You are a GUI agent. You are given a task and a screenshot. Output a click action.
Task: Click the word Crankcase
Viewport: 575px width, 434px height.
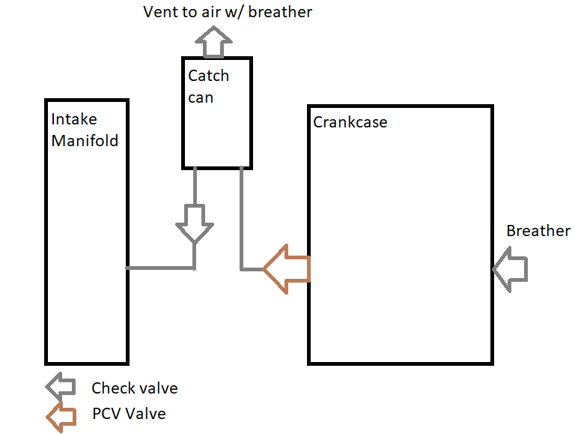point(350,121)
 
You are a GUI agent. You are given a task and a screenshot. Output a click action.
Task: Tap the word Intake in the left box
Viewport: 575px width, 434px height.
point(74,120)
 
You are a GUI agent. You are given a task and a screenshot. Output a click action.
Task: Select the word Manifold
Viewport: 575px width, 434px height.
point(85,140)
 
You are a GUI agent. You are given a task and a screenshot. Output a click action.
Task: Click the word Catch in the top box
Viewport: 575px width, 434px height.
point(208,76)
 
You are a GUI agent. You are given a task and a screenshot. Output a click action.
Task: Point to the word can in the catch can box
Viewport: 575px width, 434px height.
point(201,97)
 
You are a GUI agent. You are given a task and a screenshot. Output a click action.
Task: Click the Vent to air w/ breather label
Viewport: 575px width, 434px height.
point(228,12)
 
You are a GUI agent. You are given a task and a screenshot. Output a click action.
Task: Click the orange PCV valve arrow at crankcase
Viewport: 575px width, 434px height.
point(286,268)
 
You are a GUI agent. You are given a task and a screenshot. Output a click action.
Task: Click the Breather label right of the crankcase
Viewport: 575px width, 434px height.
point(538,231)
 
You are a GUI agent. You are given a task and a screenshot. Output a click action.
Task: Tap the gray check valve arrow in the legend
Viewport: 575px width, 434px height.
point(60,386)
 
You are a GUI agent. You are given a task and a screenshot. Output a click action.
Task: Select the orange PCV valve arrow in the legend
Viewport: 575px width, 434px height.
point(60,413)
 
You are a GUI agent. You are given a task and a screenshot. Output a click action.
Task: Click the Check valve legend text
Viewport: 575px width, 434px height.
point(135,388)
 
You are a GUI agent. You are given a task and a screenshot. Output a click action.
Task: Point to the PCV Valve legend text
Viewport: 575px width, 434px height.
point(130,414)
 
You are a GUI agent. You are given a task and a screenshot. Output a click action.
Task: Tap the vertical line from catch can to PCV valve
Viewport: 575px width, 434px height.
point(241,217)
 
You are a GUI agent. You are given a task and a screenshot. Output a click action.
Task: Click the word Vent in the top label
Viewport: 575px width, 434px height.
point(159,12)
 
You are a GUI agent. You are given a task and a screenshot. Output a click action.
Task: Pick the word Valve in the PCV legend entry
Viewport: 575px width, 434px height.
point(145,414)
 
